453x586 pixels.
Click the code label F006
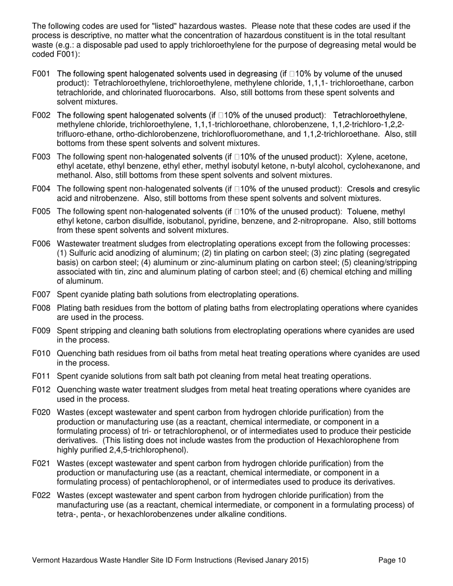click(x=41, y=244)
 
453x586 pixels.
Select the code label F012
click(x=41, y=390)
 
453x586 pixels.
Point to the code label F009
click(x=41, y=331)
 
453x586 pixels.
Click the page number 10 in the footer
click(x=402, y=561)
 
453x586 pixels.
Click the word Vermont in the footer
click(x=47, y=561)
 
